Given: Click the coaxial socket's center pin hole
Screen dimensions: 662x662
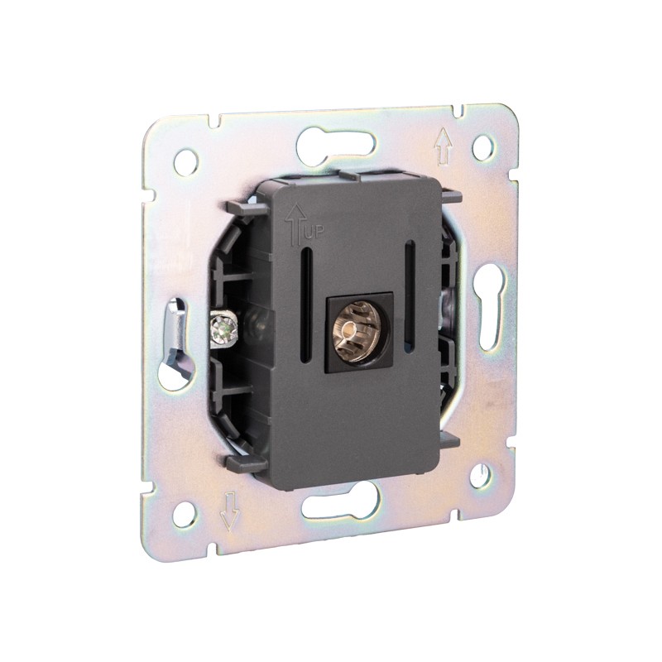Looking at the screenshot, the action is click(x=348, y=328).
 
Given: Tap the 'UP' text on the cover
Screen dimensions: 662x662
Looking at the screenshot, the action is click(x=313, y=233).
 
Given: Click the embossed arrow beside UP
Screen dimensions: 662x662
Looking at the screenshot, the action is click(x=295, y=224).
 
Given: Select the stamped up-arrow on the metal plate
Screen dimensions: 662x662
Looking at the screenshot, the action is click(x=443, y=146).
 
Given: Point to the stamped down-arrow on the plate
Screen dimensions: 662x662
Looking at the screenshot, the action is click(x=230, y=511).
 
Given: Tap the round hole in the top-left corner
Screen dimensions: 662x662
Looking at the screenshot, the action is click(x=186, y=161).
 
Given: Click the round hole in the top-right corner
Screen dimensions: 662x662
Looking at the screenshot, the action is click(x=483, y=147).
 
